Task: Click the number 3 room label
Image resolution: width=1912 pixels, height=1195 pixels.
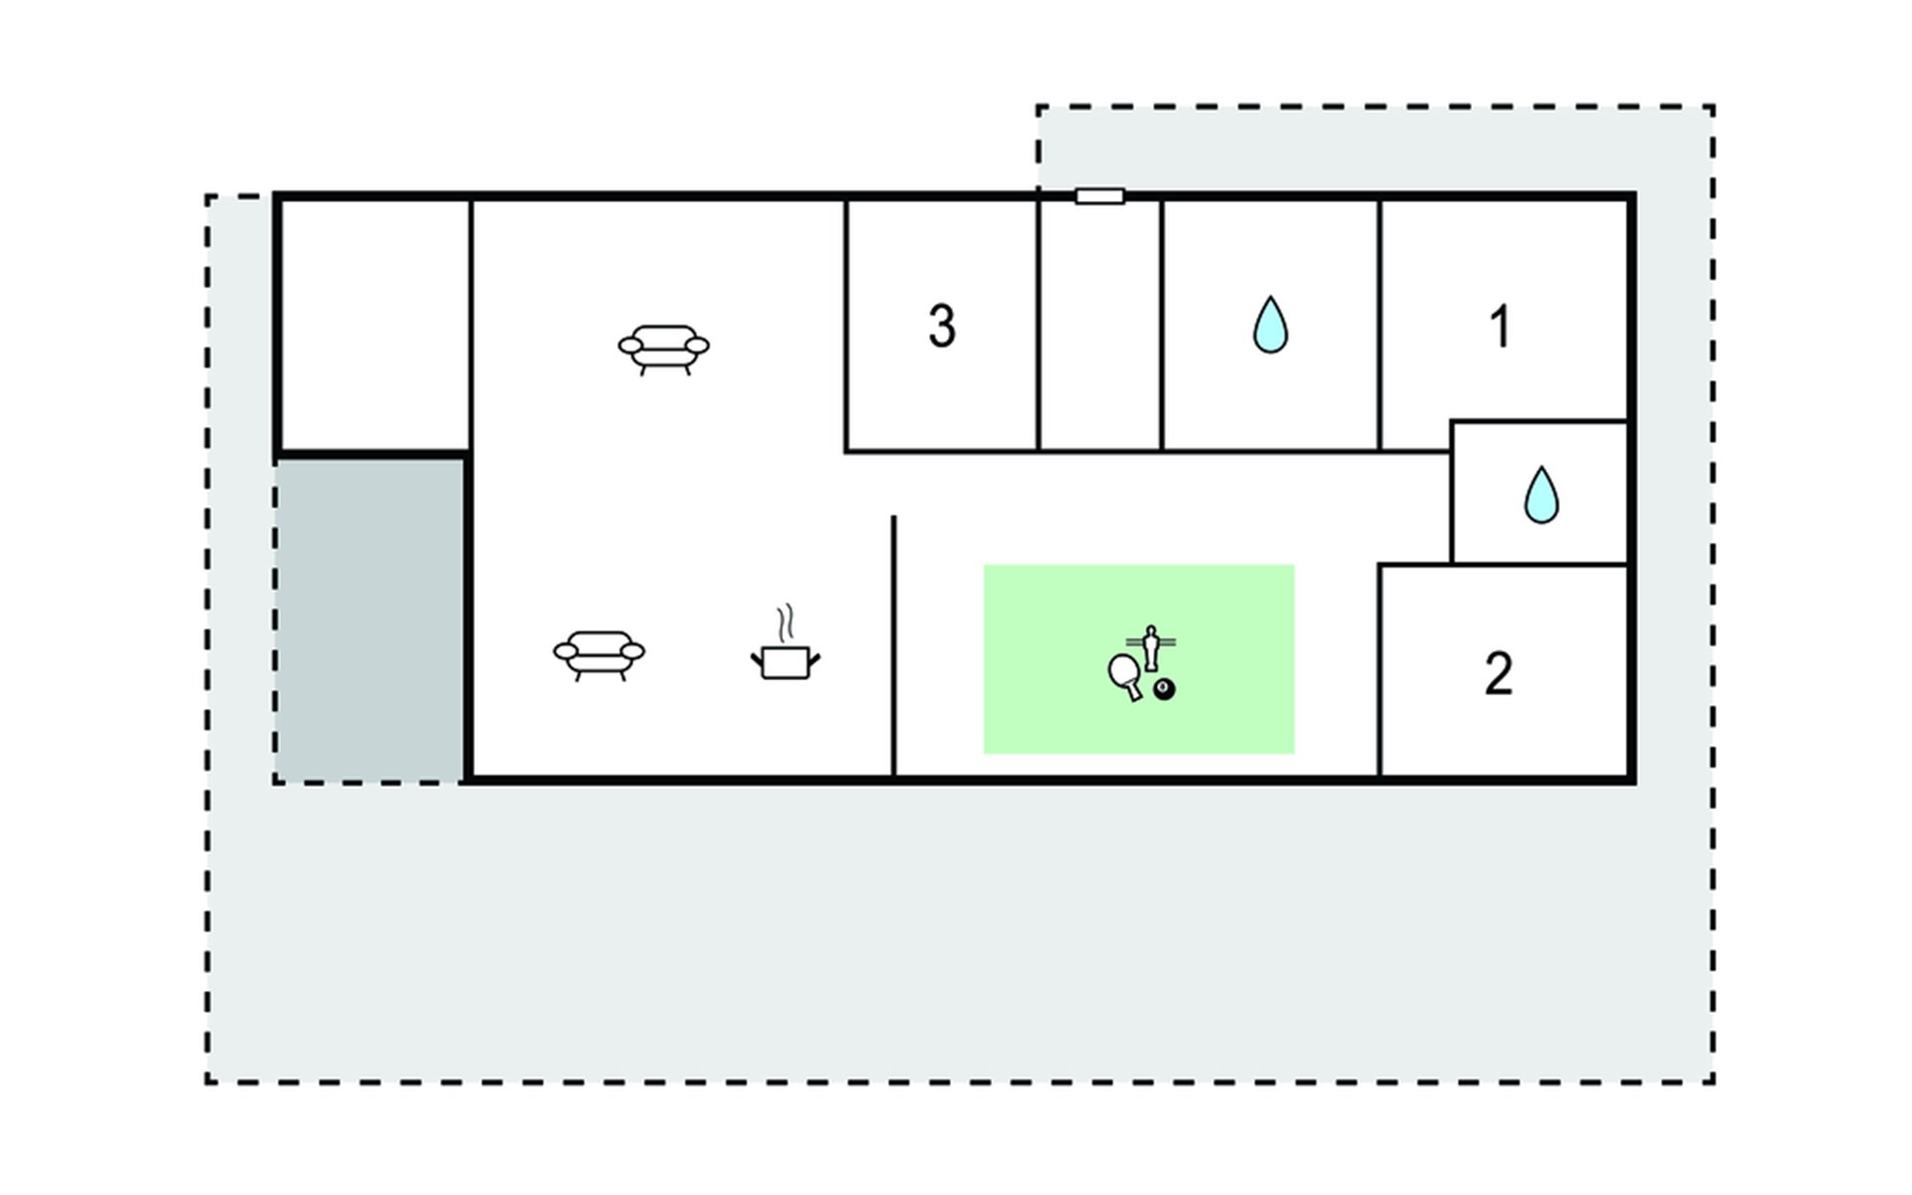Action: tap(942, 326)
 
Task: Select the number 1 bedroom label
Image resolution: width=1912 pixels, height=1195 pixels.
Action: tap(1500, 326)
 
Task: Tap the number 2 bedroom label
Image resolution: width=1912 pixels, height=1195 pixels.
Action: tap(1499, 674)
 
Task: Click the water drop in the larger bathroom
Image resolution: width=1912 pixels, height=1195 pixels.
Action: tap(1271, 325)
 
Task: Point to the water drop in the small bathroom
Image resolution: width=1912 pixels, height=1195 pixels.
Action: tap(1542, 495)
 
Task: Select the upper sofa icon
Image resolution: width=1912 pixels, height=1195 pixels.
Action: tap(663, 350)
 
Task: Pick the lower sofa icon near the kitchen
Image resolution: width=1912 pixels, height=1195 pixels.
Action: tap(598, 655)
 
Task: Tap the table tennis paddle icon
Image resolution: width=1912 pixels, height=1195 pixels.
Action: tap(1124, 674)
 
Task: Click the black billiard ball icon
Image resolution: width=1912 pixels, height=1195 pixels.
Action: tap(1163, 689)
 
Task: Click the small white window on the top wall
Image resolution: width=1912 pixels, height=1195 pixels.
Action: tap(1099, 196)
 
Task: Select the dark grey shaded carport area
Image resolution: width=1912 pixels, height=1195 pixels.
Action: tap(369, 619)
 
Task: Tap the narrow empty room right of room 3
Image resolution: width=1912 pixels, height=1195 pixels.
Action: tap(1099, 325)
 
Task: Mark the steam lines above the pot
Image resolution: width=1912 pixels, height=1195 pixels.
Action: tap(787, 623)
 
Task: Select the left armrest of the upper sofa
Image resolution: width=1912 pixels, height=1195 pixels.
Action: tap(631, 346)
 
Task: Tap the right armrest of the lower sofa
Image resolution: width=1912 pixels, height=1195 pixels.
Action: tap(631, 651)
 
